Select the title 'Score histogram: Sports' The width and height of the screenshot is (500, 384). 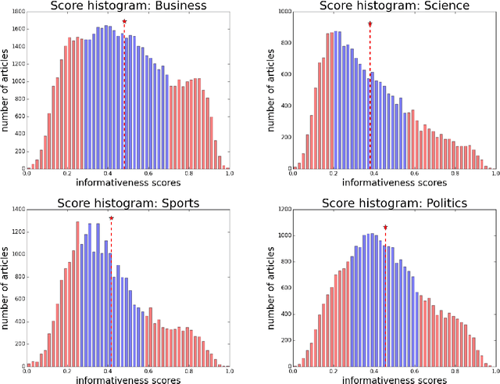click(128, 203)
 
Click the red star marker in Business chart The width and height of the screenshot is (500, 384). click(124, 22)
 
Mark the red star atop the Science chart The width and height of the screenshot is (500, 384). click(370, 24)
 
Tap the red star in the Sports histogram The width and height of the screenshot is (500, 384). click(111, 219)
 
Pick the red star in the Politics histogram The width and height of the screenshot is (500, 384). click(385, 228)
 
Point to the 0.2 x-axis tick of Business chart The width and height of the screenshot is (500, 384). click(67, 176)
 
